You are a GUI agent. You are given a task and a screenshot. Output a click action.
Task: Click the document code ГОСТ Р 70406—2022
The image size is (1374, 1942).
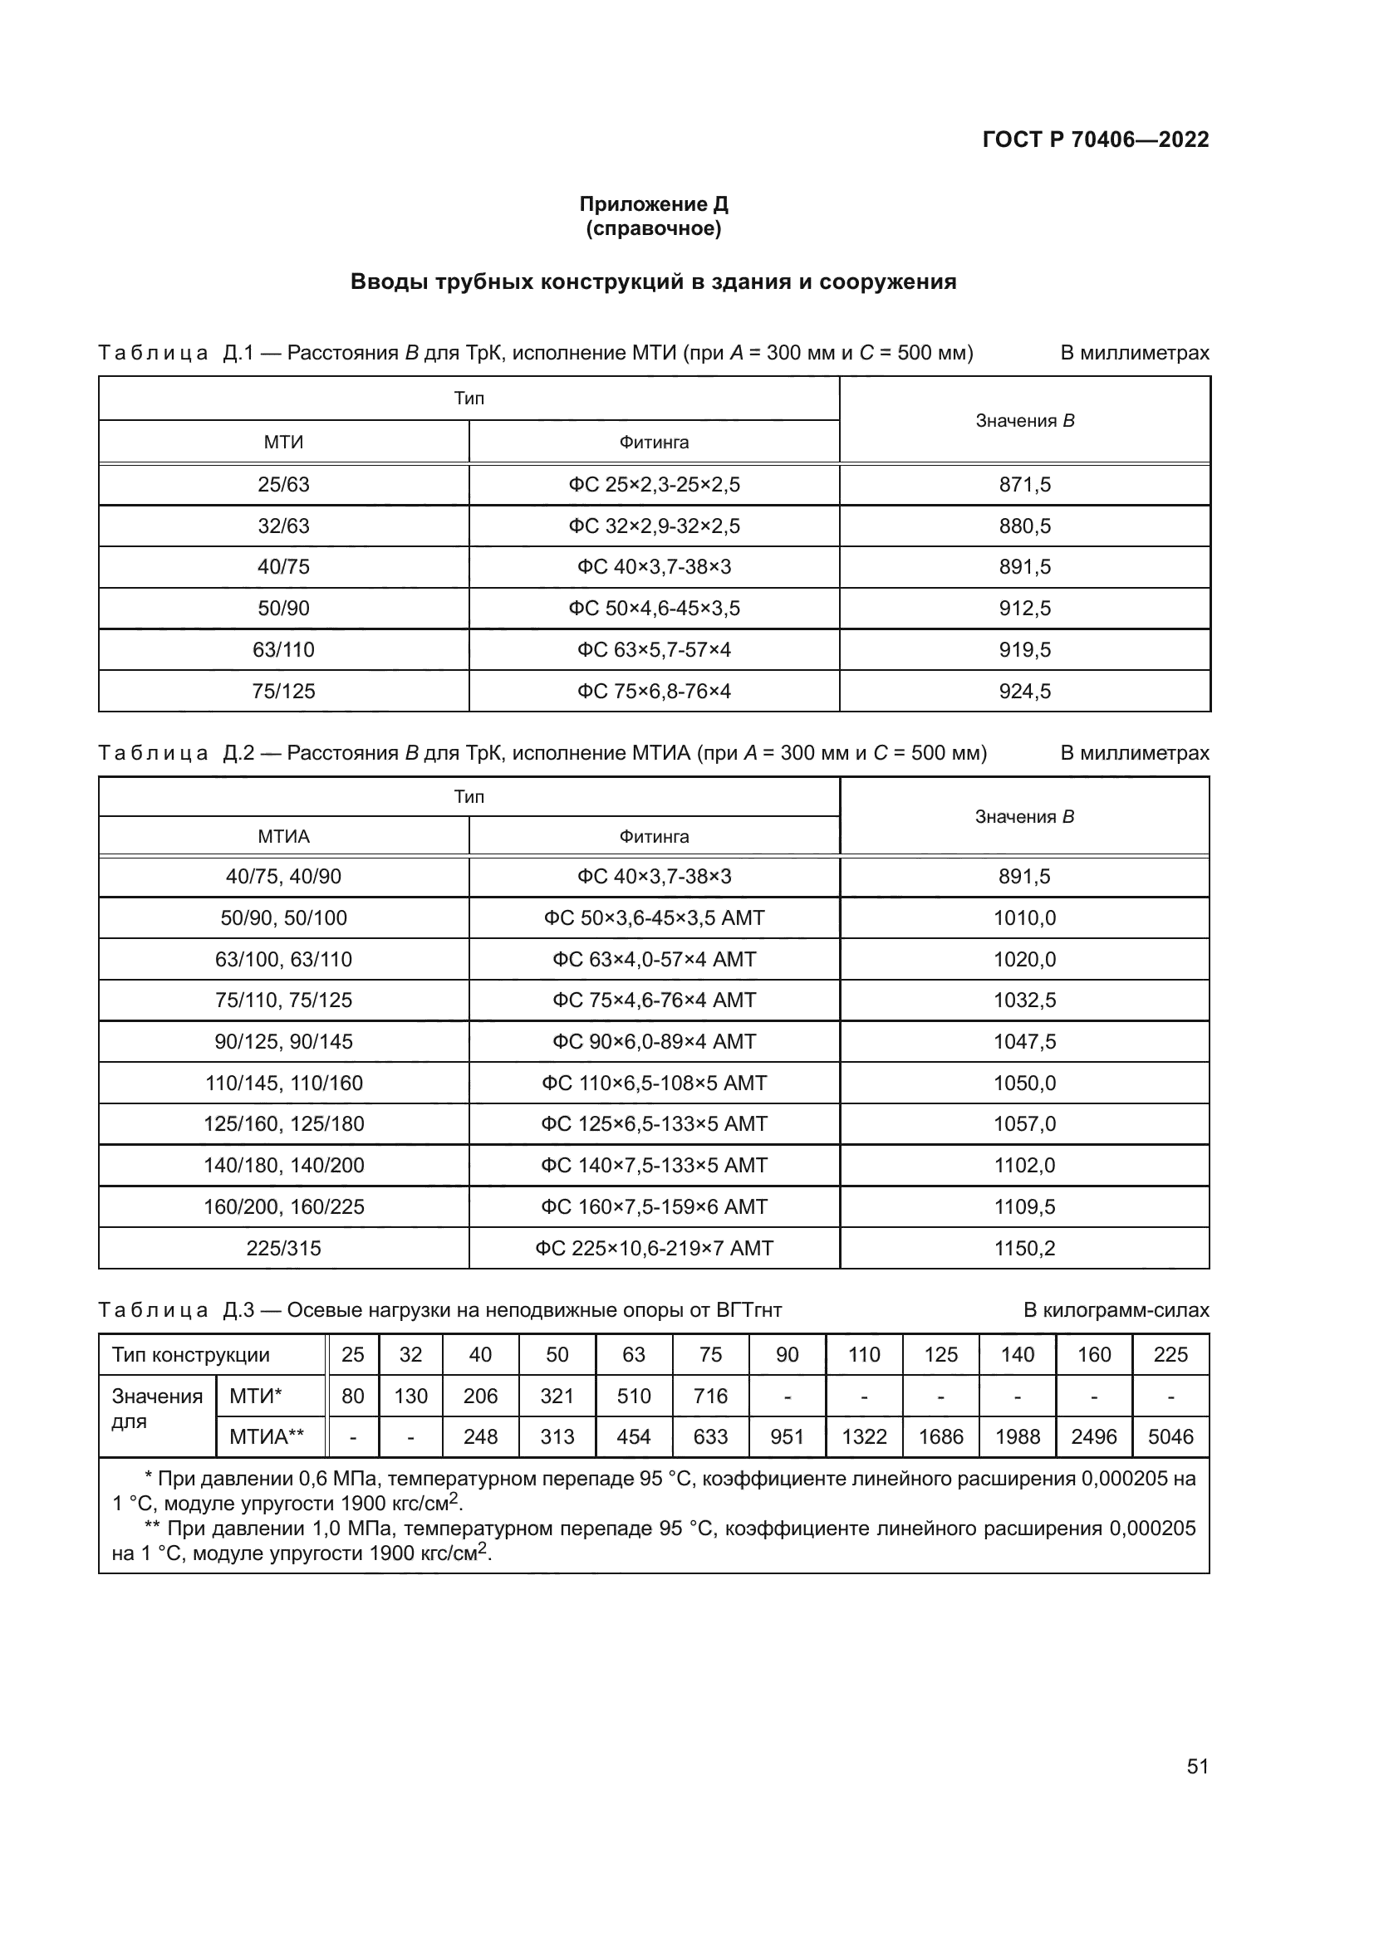[x=1096, y=139]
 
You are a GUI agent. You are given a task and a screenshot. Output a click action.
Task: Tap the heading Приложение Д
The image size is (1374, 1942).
[x=653, y=204]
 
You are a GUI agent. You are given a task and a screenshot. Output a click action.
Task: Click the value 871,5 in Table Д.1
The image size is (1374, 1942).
[x=1024, y=485]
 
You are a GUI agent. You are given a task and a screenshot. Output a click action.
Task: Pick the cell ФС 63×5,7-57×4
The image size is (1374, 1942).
[x=654, y=649]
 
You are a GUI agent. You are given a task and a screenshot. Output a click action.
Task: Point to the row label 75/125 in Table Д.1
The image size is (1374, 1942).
[x=283, y=691]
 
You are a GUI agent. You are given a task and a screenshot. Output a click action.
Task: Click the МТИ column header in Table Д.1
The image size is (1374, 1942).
[x=283, y=442]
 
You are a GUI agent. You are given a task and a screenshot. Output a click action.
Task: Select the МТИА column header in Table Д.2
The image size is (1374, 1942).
[x=283, y=837]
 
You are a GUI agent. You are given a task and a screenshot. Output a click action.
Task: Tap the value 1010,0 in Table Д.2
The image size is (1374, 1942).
[x=1024, y=917]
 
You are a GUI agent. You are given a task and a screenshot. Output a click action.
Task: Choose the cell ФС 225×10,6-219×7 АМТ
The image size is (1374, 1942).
[x=654, y=1249]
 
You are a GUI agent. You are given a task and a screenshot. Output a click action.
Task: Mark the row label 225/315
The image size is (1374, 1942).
[x=283, y=1249]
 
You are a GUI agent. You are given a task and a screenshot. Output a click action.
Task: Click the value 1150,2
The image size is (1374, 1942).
[x=1024, y=1249]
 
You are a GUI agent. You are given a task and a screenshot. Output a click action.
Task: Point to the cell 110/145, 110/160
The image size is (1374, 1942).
[x=283, y=1083]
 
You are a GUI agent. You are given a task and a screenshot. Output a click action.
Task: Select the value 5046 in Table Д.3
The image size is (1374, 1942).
[x=1170, y=1437]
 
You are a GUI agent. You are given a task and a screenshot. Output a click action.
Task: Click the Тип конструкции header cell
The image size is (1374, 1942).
[x=191, y=1355]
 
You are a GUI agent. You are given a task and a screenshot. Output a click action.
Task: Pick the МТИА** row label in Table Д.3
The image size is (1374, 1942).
[x=267, y=1437]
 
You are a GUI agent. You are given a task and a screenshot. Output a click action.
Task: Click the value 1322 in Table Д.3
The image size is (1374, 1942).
[x=864, y=1437]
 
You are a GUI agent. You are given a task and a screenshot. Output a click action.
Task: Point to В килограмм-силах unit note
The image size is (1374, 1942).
[x=1115, y=1310]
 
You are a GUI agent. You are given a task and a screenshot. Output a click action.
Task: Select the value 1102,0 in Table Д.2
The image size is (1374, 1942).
[x=1024, y=1166]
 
